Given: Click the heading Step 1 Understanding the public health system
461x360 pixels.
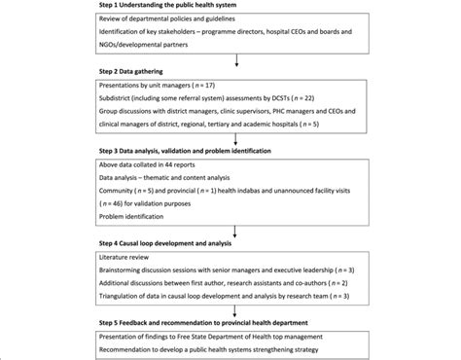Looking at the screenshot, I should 172,6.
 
